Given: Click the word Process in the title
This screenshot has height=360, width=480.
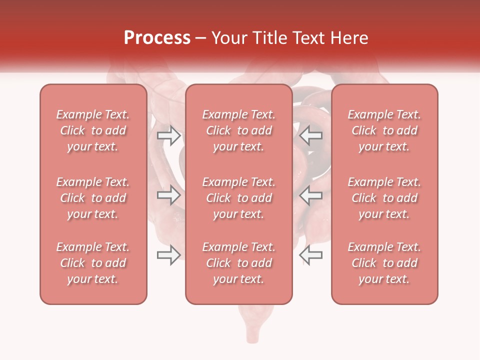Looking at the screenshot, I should [x=157, y=38].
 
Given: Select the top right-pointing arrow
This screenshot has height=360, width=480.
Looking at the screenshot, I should [x=168, y=135].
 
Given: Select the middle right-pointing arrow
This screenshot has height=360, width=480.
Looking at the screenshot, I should [x=168, y=194].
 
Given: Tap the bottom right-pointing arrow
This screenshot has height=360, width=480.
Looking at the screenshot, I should [x=168, y=255].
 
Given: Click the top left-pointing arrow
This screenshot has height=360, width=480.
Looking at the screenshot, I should [x=310, y=135].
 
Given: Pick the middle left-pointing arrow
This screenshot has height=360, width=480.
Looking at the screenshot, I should [x=310, y=194].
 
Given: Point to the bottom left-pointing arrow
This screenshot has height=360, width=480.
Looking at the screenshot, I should [x=310, y=255].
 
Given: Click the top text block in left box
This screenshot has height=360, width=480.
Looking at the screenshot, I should [x=93, y=130].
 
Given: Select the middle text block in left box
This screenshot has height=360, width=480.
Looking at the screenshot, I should [x=93, y=198].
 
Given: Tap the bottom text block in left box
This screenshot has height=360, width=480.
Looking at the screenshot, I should [x=93, y=263].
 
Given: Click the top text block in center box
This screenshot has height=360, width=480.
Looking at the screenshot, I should [x=238, y=130].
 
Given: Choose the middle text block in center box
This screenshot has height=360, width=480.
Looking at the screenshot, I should [x=238, y=198].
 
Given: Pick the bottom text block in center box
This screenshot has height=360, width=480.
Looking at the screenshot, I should [x=238, y=263].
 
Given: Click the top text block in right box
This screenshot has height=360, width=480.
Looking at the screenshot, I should [x=384, y=130].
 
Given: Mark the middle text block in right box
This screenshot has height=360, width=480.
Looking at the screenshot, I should [x=384, y=198].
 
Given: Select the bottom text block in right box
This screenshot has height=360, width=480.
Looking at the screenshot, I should [x=384, y=263].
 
